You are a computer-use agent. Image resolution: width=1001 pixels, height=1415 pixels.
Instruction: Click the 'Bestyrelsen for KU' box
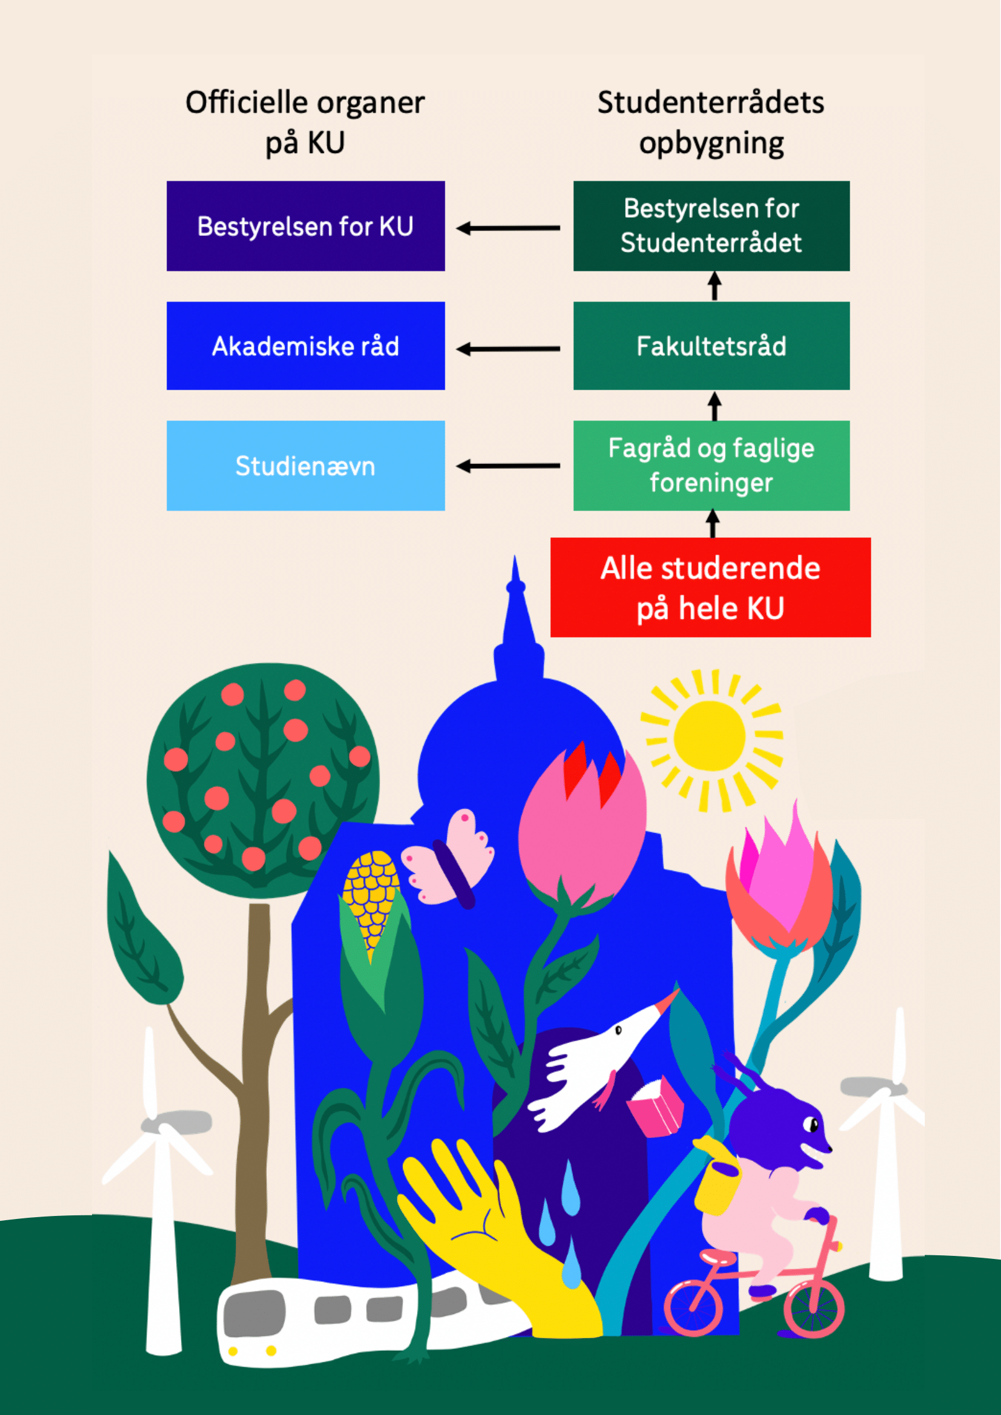[x=305, y=226]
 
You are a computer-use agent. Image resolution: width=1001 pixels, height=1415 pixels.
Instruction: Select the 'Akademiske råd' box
[x=305, y=346]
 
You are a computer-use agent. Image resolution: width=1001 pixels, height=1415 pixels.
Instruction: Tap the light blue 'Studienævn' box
[x=305, y=465]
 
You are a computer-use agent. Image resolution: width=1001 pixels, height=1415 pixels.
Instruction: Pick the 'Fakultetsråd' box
[x=711, y=346]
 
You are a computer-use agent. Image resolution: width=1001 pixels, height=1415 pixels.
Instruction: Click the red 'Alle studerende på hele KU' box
[x=710, y=587]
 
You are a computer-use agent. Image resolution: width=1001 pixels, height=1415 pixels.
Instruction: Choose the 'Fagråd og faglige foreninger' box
[x=711, y=465]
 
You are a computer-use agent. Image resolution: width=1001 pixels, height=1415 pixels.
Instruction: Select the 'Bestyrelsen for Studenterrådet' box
[x=711, y=226]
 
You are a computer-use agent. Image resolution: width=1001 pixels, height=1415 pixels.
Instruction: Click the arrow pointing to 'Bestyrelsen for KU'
[x=508, y=228]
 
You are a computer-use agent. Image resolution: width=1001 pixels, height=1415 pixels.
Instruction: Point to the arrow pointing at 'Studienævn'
[x=508, y=466]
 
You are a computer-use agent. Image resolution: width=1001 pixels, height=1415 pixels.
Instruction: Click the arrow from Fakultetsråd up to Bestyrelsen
[x=714, y=286]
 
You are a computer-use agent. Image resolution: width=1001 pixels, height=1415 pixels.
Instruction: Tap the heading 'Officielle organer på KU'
[x=305, y=122]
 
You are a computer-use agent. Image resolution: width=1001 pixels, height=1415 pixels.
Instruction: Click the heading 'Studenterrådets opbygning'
[x=711, y=122]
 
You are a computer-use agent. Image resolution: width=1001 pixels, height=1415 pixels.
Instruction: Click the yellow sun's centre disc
[x=709, y=736]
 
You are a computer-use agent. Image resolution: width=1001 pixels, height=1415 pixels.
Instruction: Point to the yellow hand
[x=487, y=1226]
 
